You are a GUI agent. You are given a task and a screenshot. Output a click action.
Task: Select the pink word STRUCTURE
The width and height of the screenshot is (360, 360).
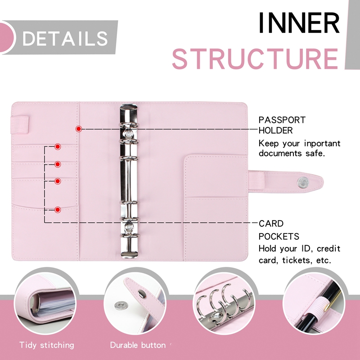pos(255,58)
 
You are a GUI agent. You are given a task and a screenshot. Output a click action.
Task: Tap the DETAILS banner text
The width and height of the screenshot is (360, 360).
pos(65,38)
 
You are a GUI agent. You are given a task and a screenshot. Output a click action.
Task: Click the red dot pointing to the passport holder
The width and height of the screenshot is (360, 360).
pos(79,129)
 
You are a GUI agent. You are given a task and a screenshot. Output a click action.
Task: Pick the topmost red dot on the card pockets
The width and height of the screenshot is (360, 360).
pos(58,147)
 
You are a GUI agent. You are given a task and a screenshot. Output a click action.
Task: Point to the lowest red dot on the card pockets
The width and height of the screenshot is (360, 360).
pos(58,209)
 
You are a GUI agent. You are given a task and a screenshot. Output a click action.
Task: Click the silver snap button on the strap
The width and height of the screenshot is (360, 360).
pos(302,182)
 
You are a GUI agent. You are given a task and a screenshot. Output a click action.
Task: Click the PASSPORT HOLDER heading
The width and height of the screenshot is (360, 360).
pos(282,126)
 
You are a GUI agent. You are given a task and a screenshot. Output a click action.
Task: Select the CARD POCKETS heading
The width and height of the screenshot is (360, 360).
pos(278,230)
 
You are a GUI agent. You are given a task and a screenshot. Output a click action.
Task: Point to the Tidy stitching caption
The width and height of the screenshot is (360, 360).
pos(47,345)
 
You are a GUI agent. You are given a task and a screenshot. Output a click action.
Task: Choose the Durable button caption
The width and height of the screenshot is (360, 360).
pos(138,345)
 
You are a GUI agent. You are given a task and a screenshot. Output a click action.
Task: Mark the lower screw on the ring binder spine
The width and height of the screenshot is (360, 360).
pos(130,228)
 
